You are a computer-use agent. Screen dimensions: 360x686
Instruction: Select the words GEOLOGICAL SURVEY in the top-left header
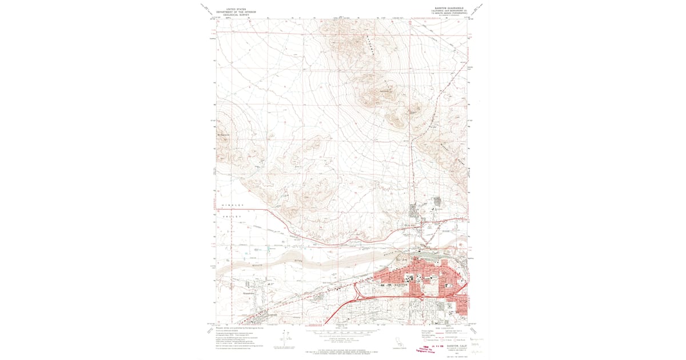pyautogui.click(x=240, y=14)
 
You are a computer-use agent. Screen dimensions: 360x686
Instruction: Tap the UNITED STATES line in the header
pyautogui.click(x=240, y=9)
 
